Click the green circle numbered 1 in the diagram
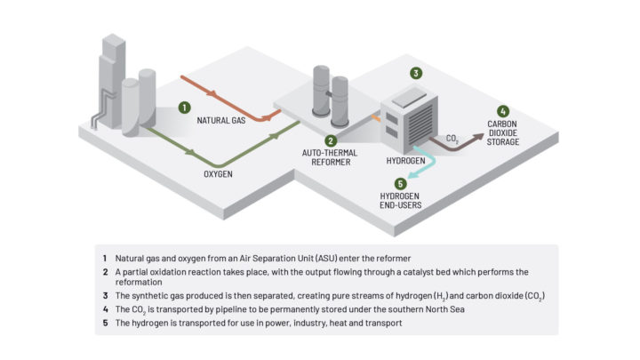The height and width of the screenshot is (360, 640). pyautogui.click(x=184, y=107)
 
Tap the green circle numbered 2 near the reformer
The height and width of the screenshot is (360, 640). pyautogui.click(x=330, y=140)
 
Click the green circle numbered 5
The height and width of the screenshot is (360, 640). pyautogui.click(x=397, y=183)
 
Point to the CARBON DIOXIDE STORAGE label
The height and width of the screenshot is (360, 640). pyautogui.click(x=508, y=132)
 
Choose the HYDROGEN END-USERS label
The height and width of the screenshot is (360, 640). pyautogui.click(x=396, y=201)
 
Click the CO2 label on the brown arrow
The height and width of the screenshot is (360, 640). pyautogui.click(x=452, y=140)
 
